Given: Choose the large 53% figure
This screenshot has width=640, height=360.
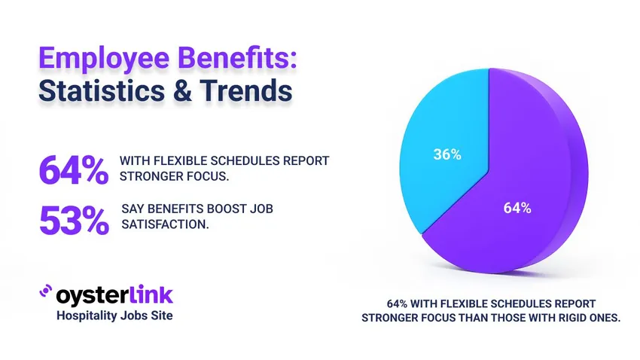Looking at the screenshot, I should [73, 219].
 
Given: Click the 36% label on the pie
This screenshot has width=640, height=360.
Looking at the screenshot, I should [447, 155].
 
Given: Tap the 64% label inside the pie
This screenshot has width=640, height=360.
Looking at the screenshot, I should [517, 208].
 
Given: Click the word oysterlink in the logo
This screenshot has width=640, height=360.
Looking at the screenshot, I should [115, 294].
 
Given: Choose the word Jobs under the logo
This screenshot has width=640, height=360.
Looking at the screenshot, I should [137, 316].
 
